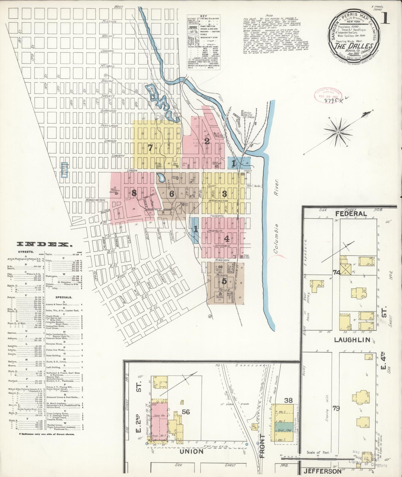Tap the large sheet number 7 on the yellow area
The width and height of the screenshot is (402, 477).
[150, 148]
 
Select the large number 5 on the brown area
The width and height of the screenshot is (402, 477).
[224, 281]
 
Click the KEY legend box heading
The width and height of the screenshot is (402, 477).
[203, 16]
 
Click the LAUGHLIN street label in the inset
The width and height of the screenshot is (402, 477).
[352, 340]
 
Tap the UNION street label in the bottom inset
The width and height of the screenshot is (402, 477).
[191, 451]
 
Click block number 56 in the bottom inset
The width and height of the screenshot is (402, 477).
[186, 412]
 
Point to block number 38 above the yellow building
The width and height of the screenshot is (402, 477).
[288, 400]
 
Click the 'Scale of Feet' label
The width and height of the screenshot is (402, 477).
[318, 453]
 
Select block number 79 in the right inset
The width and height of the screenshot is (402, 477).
[336, 409]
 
